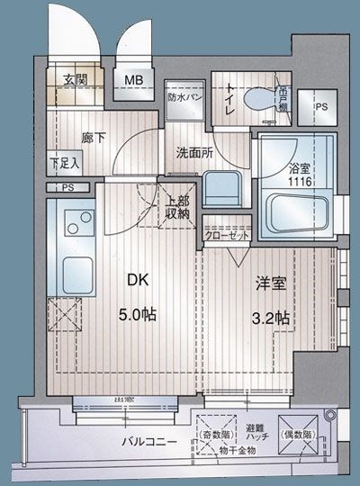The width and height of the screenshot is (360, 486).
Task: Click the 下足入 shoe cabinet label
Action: [x=64, y=163]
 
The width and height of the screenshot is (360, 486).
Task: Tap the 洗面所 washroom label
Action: [x=193, y=153]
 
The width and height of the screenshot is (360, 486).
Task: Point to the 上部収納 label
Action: [x=177, y=208]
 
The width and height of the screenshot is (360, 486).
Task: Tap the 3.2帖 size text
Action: [x=270, y=316]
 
